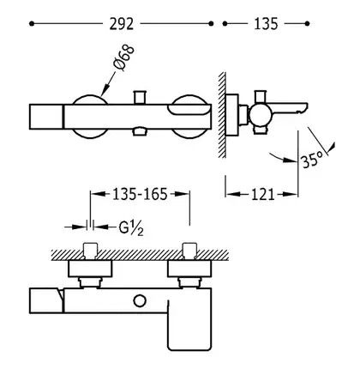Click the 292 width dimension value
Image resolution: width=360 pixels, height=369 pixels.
(122, 24)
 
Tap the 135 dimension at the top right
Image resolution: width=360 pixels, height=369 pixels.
(266, 24)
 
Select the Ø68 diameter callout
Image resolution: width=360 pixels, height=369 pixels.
(123, 57)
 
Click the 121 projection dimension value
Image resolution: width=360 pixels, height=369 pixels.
(263, 195)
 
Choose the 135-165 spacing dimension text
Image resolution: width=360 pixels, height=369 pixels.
(140, 195)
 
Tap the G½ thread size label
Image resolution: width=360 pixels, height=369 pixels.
(131, 228)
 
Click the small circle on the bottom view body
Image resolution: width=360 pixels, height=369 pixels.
(140, 301)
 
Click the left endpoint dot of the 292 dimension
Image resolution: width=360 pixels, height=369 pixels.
(32, 24)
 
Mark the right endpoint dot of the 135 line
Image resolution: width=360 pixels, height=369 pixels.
(307, 24)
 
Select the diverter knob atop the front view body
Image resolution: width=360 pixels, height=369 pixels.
(140, 98)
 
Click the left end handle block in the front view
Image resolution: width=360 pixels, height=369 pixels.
(46, 117)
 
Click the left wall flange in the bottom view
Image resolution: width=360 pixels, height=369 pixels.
(90, 269)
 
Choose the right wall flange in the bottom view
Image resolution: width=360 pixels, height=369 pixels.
(189, 269)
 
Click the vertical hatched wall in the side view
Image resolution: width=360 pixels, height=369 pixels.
(222, 115)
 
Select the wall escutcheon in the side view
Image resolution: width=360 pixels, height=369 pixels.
(231, 115)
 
